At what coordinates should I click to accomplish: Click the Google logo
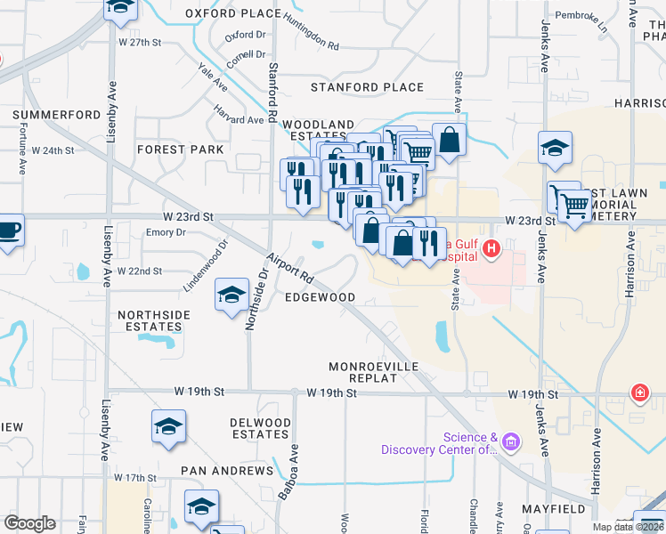pyautogui.click(x=30, y=523)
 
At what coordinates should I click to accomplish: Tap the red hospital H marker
pyautogui.click(x=489, y=252)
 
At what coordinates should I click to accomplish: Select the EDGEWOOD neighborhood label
pyautogui.click(x=320, y=297)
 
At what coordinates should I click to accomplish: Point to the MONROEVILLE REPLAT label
pyautogui.click(x=373, y=372)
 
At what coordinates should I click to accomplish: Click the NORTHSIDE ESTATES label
pyautogui.click(x=154, y=321)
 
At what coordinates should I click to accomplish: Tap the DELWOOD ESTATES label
pyautogui.click(x=259, y=428)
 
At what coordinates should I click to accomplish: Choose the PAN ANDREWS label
pyautogui.click(x=227, y=470)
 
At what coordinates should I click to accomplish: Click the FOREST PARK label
pyautogui.click(x=181, y=150)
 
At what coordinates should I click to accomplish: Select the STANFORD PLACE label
pyautogui.click(x=367, y=87)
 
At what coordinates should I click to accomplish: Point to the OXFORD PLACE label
pyautogui.click(x=233, y=13)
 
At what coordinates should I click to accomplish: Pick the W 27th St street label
pyautogui.click(x=140, y=42)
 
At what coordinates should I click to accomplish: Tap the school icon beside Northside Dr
pyautogui.click(x=231, y=295)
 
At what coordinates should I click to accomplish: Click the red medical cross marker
pyautogui.click(x=639, y=392)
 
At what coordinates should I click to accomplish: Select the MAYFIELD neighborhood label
pyautogui.click(x=554, y=509)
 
